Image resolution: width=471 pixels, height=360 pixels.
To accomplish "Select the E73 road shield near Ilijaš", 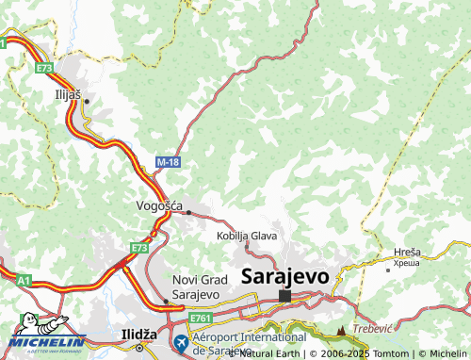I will tap(45, 69).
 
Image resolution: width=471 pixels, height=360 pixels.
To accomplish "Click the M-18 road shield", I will tap(168, 163).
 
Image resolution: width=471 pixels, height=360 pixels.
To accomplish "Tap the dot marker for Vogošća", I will tap(188, 212).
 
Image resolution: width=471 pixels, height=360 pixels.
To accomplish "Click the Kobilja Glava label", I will tap(247, 236).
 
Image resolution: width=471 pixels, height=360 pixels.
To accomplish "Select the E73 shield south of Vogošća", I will tap(140, 248).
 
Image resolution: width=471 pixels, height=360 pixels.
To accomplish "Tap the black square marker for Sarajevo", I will tap(284, 296).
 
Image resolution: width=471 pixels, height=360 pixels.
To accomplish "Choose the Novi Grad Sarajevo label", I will tap(196, 287).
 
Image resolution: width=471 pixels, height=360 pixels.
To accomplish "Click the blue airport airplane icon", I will tap(180, 341).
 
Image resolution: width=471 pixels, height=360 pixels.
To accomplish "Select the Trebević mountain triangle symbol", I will tap(341, 332).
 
